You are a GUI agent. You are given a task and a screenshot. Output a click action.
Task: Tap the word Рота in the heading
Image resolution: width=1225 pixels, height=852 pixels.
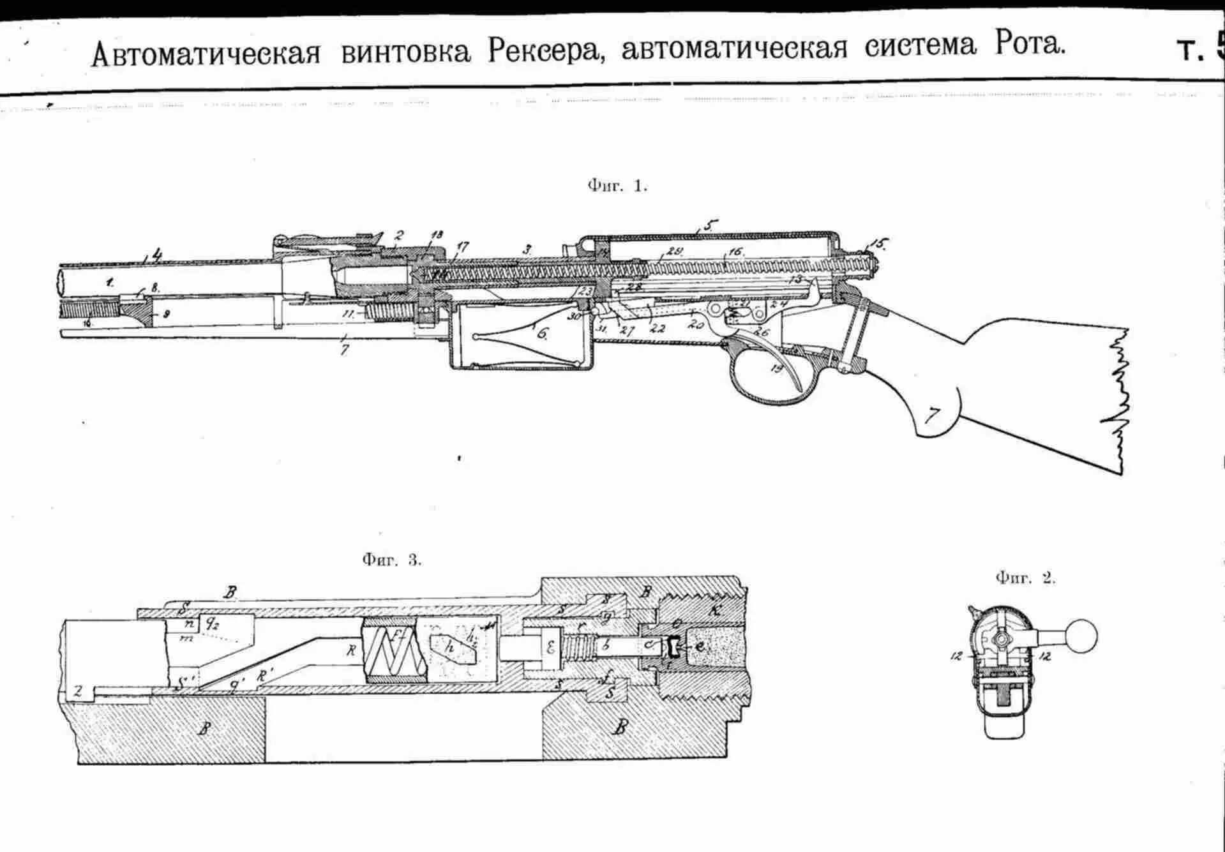(x=1029, y=45)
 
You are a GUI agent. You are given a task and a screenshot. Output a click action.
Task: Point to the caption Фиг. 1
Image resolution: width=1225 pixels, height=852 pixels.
(x=617, y=186)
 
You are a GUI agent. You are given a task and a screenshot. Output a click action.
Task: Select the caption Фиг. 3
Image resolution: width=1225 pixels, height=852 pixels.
(x=391, y=560)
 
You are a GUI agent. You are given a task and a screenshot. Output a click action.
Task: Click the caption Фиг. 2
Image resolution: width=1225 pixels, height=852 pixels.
(x=1025, y=578)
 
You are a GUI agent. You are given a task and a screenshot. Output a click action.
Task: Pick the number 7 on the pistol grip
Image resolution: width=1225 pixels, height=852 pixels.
(x=931, y=416)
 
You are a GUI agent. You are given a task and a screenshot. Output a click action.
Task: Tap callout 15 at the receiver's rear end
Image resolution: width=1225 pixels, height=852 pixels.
(x=879, y=244)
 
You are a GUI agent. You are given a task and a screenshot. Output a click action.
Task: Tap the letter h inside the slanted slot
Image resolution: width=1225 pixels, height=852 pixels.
(x=450, y=646)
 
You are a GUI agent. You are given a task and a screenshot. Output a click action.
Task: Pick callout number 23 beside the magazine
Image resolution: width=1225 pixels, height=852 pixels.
(x=586, y=291)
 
